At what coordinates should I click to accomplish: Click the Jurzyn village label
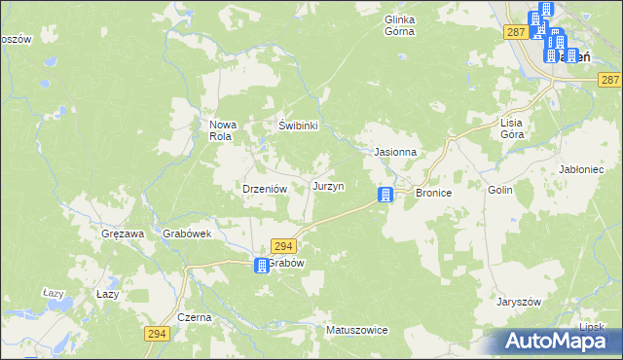(x=328, y=186)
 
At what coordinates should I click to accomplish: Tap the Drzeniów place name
(x=262, y=190)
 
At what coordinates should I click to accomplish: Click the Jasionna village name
(x=396, y=153)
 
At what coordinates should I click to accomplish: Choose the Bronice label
(x=434, y=194)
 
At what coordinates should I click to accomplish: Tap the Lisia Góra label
(x=512, y=128)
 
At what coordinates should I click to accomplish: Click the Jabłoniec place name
(x=584, y=169)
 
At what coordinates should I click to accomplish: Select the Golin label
(x=500, y=192)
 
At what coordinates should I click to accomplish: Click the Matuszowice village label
(x=357, y=331)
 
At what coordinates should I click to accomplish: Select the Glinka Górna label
(x=400, y=25)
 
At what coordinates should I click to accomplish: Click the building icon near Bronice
(x=386, y=195)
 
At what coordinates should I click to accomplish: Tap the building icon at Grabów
(x=262, y=266)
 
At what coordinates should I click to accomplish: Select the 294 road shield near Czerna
(x=157, y=334)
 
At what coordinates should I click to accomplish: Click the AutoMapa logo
(x=560, y=340)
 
